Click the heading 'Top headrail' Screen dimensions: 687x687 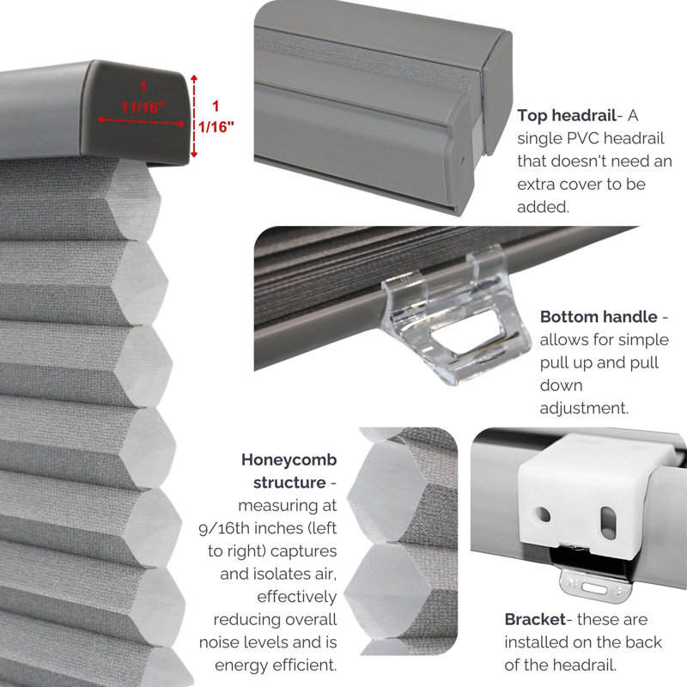(x=567, y=115)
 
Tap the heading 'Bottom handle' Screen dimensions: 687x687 (x=599, y=317)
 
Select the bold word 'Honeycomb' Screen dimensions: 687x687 (x=289, y=459)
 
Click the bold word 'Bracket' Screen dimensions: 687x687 (x=535, y=619)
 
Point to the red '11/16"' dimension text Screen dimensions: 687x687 (x=143, y=106)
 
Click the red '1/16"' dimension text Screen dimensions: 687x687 (x=216, y=126)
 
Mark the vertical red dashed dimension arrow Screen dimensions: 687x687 (x=195, y=116)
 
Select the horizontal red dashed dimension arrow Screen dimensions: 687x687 (x=141, y=121)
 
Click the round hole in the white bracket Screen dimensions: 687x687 (x=544, y=514)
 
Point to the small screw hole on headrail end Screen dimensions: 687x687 (x=463, y=161)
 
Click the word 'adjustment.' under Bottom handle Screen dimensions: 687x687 (x=584, y=409)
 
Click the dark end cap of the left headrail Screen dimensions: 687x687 (x=136, y=112)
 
